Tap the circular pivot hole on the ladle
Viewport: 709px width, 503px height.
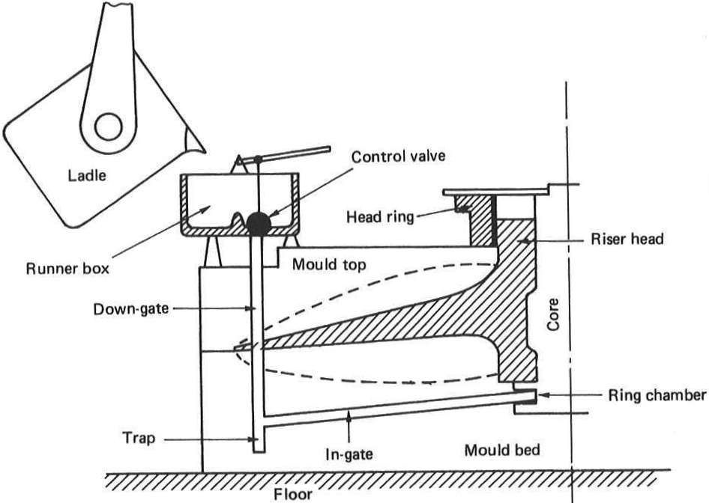[108, 126]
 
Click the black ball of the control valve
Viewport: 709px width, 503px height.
[258, 222]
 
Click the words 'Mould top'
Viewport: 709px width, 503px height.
[323, 264]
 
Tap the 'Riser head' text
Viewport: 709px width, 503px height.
[615, 241]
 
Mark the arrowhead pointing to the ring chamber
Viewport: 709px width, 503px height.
[541, 394]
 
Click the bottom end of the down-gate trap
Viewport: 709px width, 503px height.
[258, 450]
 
